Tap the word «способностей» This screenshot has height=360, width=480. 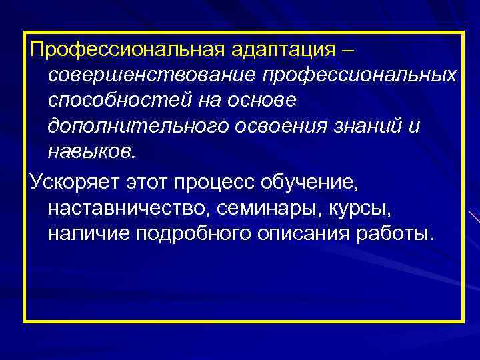118,100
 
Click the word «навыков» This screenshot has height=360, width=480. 90,152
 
